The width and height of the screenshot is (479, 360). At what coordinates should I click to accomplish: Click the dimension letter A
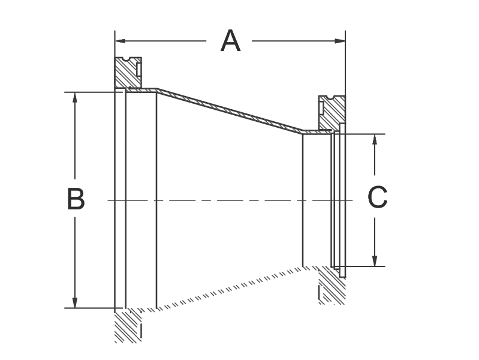(x=231, y=41)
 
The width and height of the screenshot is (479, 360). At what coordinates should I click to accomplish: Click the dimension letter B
(x=76, y=199)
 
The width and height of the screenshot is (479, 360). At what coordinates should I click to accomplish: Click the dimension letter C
(x=377, y=197)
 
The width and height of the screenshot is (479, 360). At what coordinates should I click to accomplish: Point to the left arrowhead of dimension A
(x=119, y=41)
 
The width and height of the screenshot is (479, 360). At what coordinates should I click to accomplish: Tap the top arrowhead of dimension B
(x=75, y=97)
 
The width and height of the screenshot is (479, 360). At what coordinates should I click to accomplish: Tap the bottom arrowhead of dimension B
(x=75, y=304)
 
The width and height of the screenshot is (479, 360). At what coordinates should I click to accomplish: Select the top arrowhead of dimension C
(x=375, y=138)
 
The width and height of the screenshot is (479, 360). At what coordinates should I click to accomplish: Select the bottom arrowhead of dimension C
(x=375, y=262)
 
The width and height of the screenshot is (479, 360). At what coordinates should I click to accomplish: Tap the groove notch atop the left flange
(x=128, y=59)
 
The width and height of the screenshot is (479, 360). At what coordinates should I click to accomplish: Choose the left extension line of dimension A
(x=114, y=60)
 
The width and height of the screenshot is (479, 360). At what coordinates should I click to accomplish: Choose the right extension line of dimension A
(x=345, y=66)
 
